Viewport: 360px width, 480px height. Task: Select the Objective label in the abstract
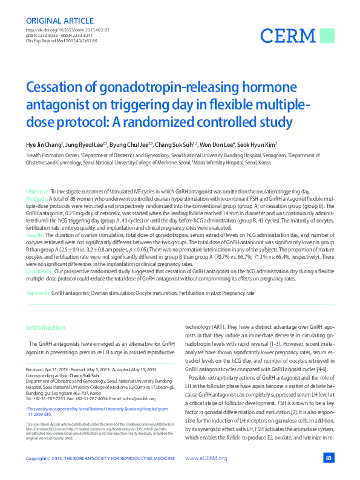(37, 190)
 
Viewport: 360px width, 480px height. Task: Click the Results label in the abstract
(35, 233)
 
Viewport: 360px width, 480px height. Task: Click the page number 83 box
(329, 458)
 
